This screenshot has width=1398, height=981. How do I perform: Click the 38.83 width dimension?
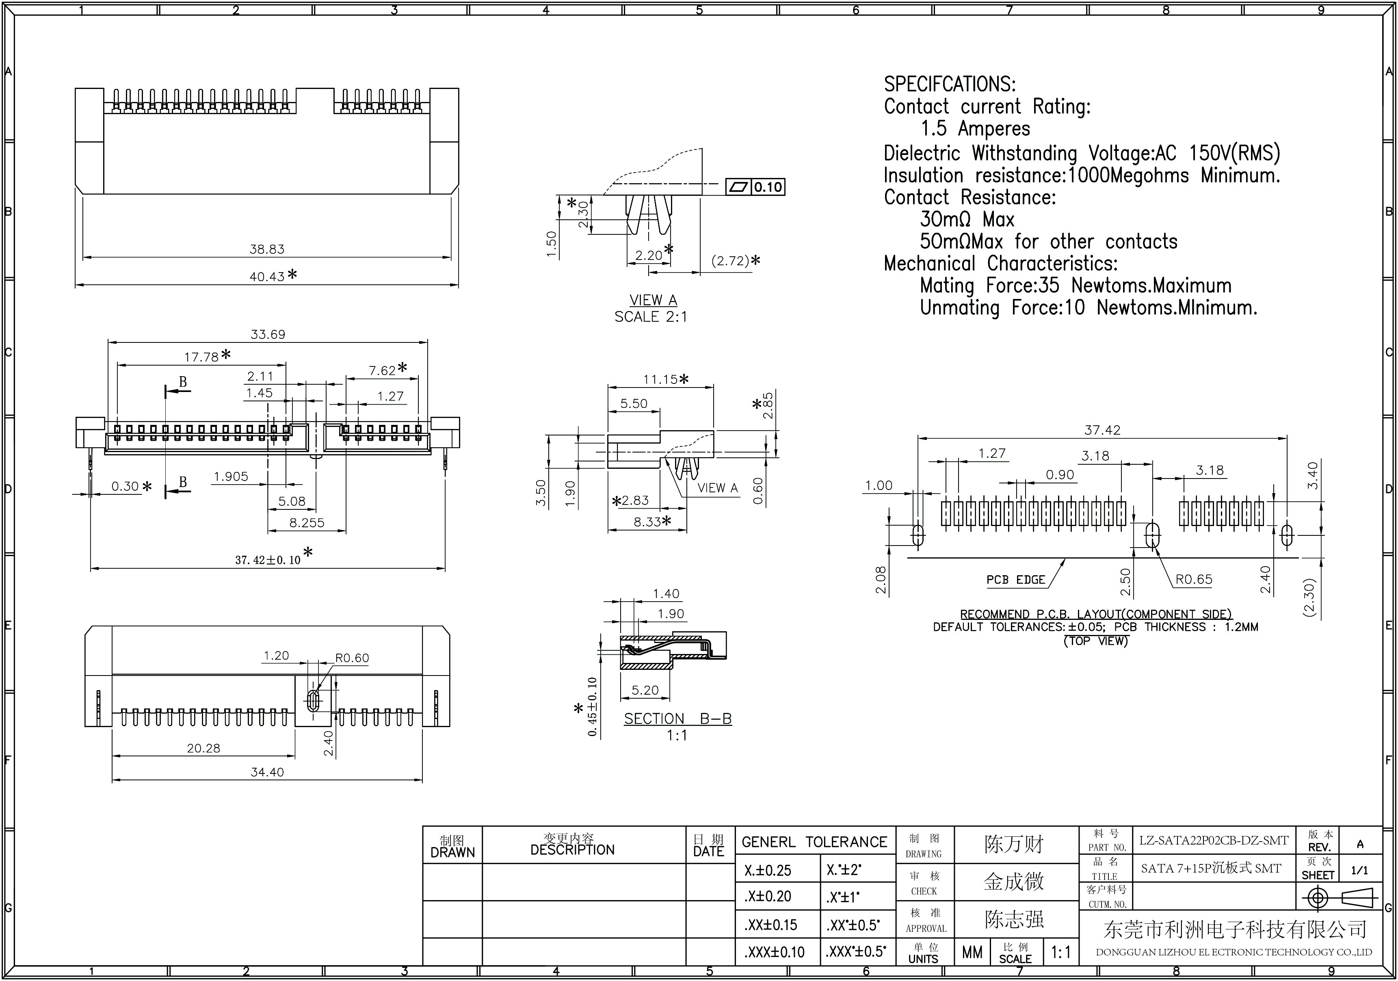(x=267, y=249)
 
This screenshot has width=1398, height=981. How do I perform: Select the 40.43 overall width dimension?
(x=267, y=277)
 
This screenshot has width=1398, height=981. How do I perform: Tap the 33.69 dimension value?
(x=268, y=334)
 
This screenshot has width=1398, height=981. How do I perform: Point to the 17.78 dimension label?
(x=201, y=357)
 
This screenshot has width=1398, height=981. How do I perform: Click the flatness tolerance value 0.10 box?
(x=768, y=187)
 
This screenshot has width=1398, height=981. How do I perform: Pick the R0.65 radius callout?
(x=1193, y=579)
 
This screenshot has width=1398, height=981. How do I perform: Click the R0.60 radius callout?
(x=352, y=658)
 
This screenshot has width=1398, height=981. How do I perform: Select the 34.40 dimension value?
(x=267, y=772)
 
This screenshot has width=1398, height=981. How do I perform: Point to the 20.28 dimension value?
(x=203, y=748)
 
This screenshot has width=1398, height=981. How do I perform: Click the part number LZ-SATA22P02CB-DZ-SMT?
(x=1214, y=841)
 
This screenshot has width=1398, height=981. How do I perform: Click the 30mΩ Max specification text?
(x=967, y=219)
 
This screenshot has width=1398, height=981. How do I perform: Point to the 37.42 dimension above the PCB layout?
(x=1102, y=430)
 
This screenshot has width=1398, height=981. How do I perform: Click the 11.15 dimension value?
(x=661, y=379)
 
